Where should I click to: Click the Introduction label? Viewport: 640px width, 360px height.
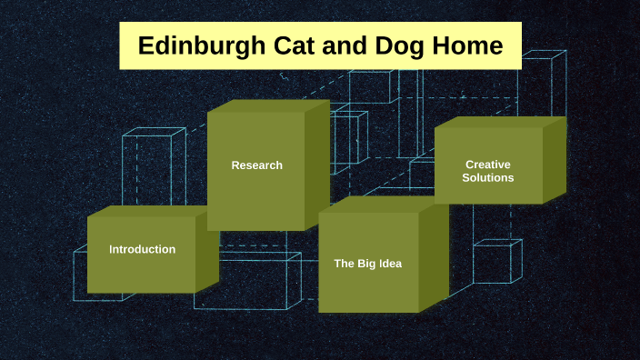[142, 249]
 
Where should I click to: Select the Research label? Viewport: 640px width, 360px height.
[256, 165]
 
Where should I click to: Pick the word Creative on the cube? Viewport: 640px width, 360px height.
[487, 165]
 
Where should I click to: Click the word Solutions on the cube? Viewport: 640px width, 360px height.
[487, 178]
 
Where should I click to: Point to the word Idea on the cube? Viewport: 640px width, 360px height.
[389, 264]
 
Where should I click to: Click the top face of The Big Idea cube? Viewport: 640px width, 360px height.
[382, 206]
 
